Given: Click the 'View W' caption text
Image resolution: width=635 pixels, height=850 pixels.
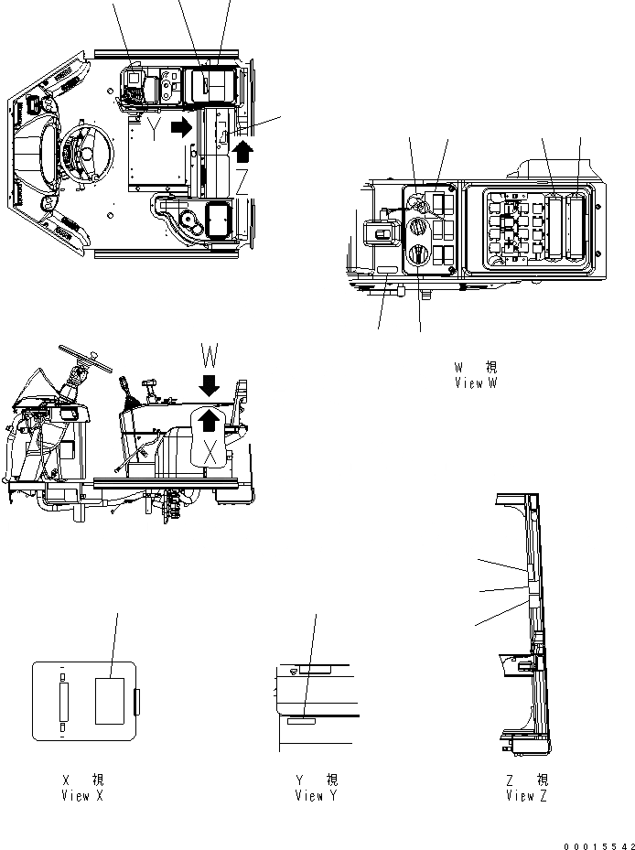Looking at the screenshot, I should pos(475,382).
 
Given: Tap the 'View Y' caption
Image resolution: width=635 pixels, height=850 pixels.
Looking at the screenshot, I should pos(316,795).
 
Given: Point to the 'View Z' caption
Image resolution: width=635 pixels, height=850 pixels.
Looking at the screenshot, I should pos(527,795).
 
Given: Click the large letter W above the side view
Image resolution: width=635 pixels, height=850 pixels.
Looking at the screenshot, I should pos(210,354).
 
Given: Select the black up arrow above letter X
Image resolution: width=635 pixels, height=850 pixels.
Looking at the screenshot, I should pos(210,420).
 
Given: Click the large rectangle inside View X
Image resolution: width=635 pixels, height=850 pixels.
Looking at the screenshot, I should pos(111,700).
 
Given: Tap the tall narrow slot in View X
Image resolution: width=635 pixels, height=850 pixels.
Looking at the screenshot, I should pos(62,702).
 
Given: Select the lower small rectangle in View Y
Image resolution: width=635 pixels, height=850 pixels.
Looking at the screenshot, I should pos(301,721).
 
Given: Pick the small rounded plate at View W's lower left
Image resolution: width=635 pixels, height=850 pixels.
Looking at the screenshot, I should pos(386,272).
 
